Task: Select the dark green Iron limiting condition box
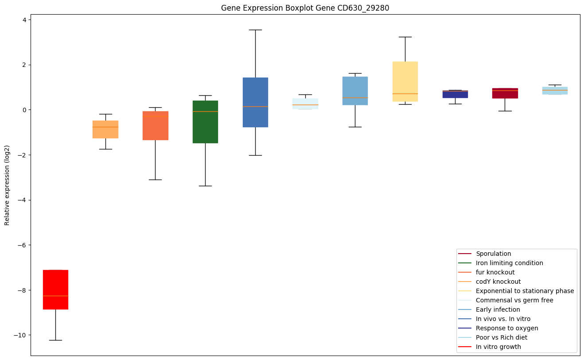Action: pos(205,122)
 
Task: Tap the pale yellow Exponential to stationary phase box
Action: pos(405,82)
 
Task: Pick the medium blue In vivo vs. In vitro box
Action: pos(255,102)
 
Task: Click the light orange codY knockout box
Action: pos(105,129)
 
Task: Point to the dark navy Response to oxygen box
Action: pos(455,94)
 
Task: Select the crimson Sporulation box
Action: pos(505,93)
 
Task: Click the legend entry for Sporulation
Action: pos(493,254)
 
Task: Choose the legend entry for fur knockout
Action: pos(495,272)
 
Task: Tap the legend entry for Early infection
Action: pos(498,309)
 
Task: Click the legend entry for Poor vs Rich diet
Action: pos(501,337)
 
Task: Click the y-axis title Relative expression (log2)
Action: pos(7,185)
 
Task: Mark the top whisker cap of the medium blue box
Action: pos(255,30)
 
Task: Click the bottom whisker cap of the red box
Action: pos(55,340)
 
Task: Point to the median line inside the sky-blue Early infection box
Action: pos(355,98)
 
